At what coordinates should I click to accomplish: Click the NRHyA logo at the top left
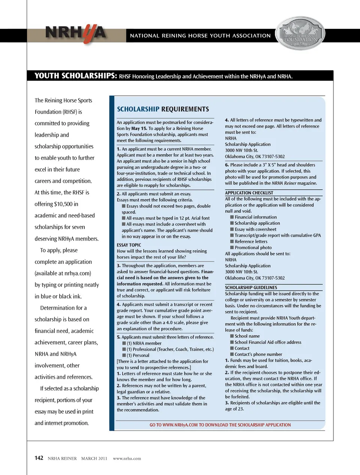(75, 34)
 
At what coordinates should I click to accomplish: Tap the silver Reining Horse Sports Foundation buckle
(300, 34)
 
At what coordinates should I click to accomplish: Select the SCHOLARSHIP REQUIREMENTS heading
(163, 109)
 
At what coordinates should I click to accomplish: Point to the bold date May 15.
(139, 128)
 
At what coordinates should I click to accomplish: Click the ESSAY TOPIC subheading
(129, 245)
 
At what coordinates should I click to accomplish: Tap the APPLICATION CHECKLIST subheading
(249, 193)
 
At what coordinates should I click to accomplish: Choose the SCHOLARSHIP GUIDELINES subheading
(251, 288)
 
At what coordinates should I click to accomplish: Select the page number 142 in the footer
(39, 458)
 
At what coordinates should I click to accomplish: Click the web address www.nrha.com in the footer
(127, 458)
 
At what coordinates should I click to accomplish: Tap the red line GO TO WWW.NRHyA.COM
(220, 425)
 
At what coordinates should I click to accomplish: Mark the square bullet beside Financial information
(232, 217)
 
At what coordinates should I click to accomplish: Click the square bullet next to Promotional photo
(232, 248)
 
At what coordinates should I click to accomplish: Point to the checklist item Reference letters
(251, 242)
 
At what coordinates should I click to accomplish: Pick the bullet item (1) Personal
(138, 355)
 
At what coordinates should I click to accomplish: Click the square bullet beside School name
(232, 336)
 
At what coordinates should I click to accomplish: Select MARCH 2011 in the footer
(94, 458)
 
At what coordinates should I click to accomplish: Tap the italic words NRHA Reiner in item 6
(284, 183)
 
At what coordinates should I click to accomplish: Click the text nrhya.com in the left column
(78, 274)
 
